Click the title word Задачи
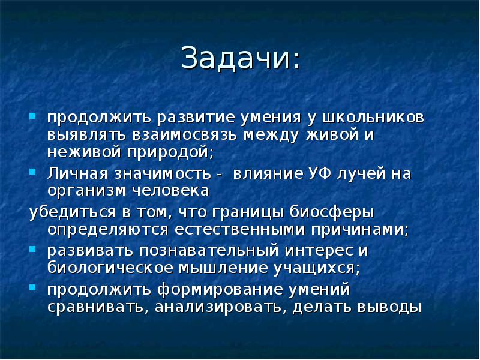pyautogui.click(x=239, y=59)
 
